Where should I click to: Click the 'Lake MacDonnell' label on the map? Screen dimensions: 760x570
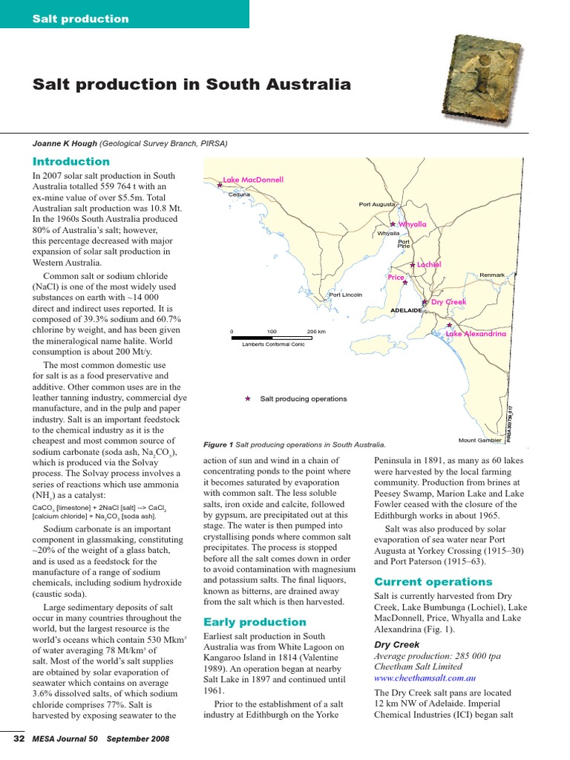tap(253, 180)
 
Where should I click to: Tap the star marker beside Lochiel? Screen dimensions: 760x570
tap(413, 265)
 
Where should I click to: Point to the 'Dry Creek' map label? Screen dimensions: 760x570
tap(448, 302)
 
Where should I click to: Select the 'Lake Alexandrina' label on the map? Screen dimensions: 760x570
tap(476, 334)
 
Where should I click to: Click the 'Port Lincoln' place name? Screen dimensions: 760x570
tap(346, 295)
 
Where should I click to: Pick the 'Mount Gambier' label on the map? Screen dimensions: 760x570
tap(480, 440)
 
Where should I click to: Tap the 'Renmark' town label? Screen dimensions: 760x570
tap(492, 275)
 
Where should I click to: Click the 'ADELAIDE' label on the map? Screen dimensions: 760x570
tap(405, 310)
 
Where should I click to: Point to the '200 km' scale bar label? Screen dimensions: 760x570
tap(316, 332)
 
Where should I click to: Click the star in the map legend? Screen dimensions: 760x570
tap(247, 399)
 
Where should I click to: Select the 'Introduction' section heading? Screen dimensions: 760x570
tap(71, 161)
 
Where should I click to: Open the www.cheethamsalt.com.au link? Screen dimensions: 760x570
tap(425, 678)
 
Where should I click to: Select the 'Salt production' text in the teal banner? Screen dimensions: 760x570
tap(80, 19)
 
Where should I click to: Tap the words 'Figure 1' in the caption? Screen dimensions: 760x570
tap(218, 445)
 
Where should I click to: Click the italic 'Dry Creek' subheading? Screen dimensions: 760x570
tap(396, 645)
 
